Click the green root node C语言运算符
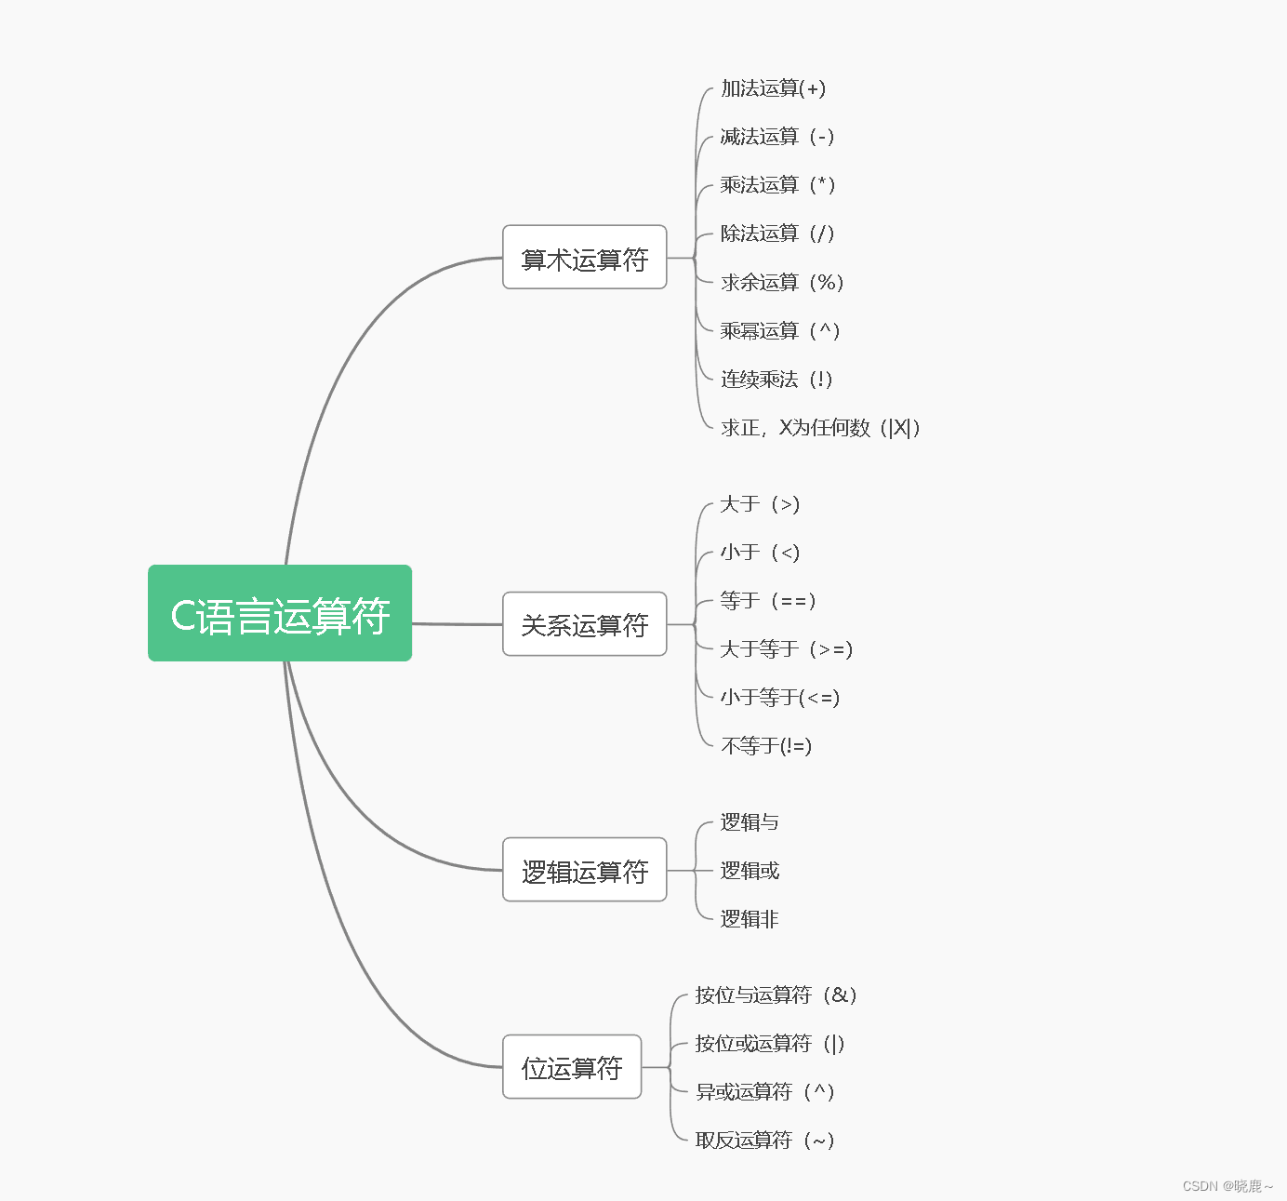(x=280, y=614)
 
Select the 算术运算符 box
(x=584, y=258)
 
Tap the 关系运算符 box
(x=584, y=624)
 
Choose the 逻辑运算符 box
(x=584, y=871)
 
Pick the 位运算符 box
(x=572, y=1067)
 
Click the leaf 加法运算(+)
(x=773, y=88)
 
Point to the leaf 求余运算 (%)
(x=781, y=282)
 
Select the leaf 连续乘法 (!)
(x=776, y=379)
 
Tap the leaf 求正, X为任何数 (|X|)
(x=819, y=427)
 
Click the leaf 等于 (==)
(x=767, y=600)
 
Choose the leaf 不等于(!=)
(x=766, y=745)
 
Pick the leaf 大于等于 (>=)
(x=786, y=648)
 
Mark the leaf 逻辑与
(x=750, y=822)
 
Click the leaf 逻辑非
(x=750, y=919)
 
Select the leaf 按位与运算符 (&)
(x=776, y=994)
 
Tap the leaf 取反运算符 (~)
(x=764, y=1140)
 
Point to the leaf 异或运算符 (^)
(x=764, y=1091)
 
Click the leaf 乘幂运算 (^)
(x=779, y=330)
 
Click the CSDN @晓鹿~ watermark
(x=1227, y=1186)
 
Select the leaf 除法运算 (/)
(x=776, y=234)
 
